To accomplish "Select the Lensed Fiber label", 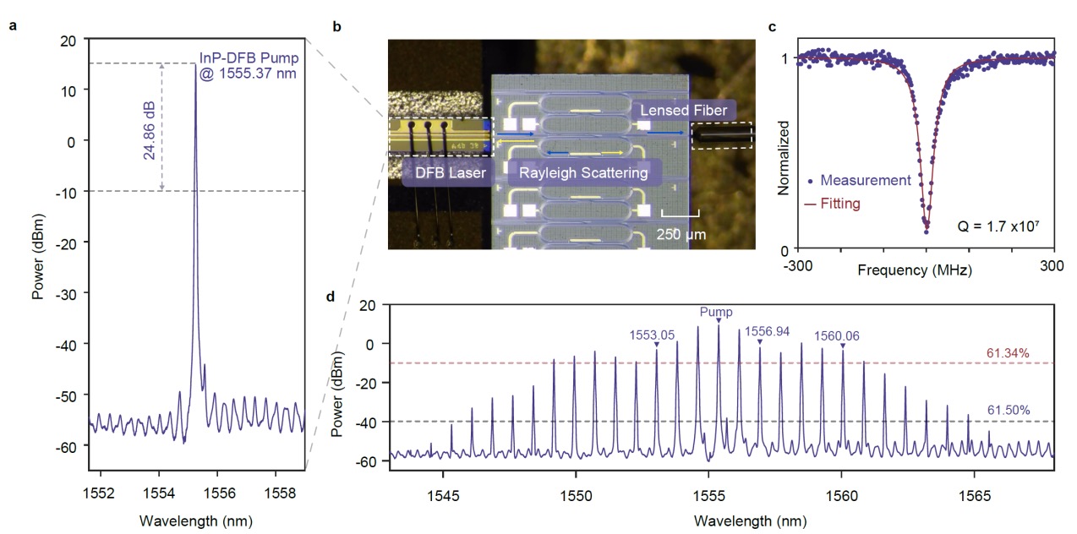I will (x=683, y=110).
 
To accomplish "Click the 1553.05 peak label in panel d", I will (x=652, y=334).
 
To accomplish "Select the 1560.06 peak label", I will (x=837, y=335).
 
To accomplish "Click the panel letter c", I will (x=772, y=26).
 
